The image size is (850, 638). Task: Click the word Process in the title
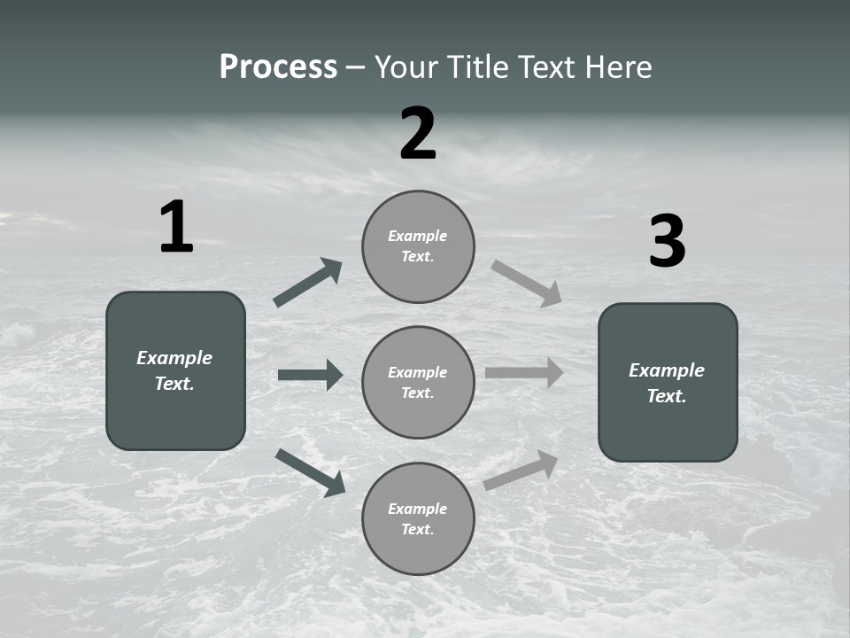coord(278,67)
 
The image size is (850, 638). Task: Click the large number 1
coord(176,228)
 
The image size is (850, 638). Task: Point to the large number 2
coord(418,134)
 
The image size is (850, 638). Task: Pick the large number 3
coord(667,242)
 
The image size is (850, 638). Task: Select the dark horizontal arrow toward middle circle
coord(310,375)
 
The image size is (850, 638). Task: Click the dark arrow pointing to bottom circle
coord(310,471)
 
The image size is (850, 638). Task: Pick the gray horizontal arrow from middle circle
coord(524,372)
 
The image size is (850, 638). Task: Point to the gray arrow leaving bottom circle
coord(521,470)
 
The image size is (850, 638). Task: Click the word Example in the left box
coord(174,358)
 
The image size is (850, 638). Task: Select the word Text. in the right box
coord(667,396)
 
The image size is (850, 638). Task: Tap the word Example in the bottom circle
coord(417,509)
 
